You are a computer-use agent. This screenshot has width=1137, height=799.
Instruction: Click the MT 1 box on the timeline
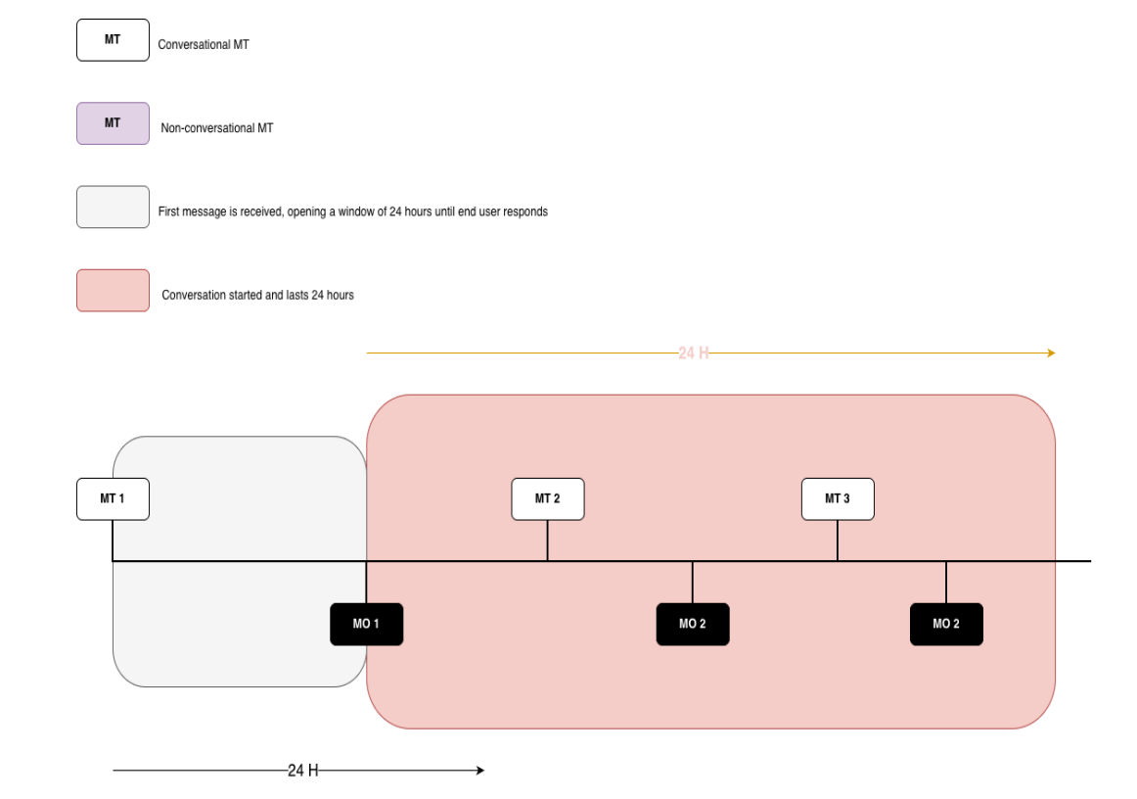point(113,498)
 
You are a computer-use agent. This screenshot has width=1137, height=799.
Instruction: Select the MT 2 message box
point(548,498)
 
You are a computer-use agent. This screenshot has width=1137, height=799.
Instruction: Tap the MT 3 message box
point(838,498)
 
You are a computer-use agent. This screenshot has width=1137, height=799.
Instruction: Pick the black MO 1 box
point(366,624)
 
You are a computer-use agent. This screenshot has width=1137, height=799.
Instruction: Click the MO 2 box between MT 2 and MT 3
point(693,624)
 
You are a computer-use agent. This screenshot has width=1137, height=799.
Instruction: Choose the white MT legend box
point(113,40)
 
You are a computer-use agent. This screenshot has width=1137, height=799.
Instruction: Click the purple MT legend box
point(113,123)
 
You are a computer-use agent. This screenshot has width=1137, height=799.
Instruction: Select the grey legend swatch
point(113,207)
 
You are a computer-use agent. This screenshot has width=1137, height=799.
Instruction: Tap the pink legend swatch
point(113,290)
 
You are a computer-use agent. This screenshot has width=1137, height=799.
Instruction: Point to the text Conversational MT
point(204,44)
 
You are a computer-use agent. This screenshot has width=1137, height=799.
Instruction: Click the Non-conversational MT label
point(217,127)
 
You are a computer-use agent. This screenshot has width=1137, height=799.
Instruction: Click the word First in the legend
point(168,211)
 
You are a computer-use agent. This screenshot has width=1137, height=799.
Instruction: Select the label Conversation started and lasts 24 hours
point(257,295)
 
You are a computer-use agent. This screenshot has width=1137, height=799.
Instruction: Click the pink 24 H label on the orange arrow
point(693,353)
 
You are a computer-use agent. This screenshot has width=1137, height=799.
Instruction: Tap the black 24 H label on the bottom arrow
point(303,771)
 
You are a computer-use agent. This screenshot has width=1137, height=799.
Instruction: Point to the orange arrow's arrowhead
point(1052,353)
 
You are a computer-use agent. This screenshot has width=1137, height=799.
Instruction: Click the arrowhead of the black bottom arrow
point(480,771)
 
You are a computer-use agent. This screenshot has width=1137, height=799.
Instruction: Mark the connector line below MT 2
point(548,540)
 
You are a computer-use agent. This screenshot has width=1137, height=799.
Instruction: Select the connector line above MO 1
point(366,582)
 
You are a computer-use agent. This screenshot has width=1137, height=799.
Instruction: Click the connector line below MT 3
point(838,540)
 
